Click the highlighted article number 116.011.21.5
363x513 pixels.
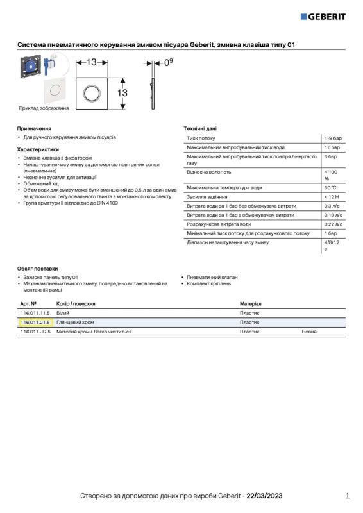click(x=35, y=322)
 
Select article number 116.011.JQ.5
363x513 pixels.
click(x=35, y=332)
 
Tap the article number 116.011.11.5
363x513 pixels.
click(x=35, y=312)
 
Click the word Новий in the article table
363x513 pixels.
click(x=309, y=332)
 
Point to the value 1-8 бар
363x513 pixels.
click(x=333, y=138)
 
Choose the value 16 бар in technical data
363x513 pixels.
click(x=332, y=147)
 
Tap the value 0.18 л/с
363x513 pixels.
click(x=333, y=215)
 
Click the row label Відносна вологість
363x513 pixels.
click(x=208, y=172)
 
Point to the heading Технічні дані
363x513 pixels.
click(x=200, y=128)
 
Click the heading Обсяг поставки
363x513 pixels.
click(x=37, y=268)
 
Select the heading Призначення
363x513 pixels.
click(x=34, y=128)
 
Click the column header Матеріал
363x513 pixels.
click(x=250, y=303)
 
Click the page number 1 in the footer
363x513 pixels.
click(x=347, y=496)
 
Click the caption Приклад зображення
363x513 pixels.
click(x=44, y=108)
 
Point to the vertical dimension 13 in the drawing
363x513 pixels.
click(x=122, y=93)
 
